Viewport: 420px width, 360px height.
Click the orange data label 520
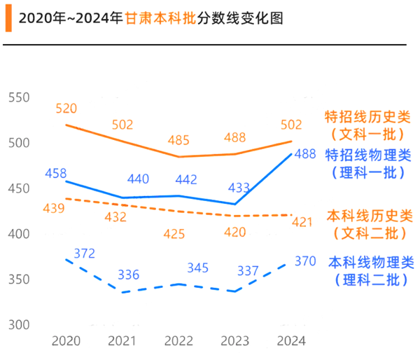coord(66,109)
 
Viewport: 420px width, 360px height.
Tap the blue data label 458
coord(55,172)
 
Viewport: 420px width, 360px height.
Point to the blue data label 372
coord(84,253)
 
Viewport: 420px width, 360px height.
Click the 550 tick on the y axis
coord(19,97)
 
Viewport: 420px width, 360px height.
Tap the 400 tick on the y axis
coord(19,234)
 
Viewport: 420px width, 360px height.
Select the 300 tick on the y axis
coord(19,325)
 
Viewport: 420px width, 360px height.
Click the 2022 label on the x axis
coord(178,341)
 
